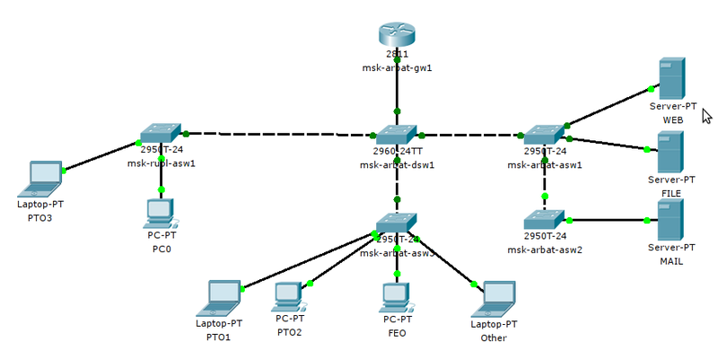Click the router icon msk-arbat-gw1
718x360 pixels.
pos(396,37)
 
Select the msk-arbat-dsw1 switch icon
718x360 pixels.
pos(396,136)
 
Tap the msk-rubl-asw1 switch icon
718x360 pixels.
pos(161,133)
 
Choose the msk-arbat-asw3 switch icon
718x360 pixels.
pos(396,224)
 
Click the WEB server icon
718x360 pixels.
pos(672,78)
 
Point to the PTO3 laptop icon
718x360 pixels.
pos(42,179)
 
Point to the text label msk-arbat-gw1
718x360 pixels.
pos(396,67)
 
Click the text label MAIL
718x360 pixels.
pos(672,261)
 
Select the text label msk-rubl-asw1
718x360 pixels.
pos(162,164)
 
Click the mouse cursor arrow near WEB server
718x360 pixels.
pos(706,116)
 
